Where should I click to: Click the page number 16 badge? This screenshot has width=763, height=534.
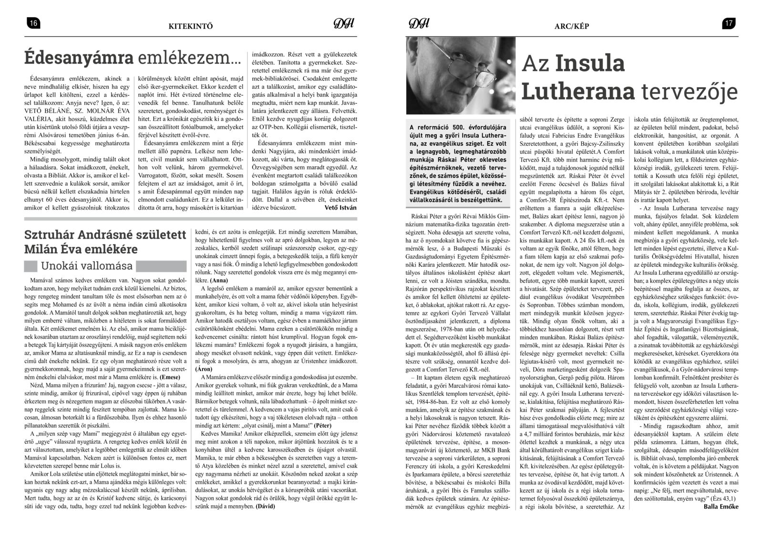pyautogui.click(x=34, y=24)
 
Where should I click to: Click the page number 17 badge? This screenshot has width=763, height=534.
pyautogui.click(x=729, y=24)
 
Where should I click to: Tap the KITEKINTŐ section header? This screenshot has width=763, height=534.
pyautogui.click(x=190, y=26)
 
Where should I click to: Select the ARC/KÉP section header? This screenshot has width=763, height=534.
pyautogui.click(x=571, y=26)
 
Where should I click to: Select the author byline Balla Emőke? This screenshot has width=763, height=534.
pyautogui.click(x=721, y=506)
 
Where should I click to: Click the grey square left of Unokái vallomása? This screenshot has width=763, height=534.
pyautogui.click(x=31, y=266)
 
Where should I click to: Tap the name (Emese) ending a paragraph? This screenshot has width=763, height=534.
pyautogui.click(x=173, y=376)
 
